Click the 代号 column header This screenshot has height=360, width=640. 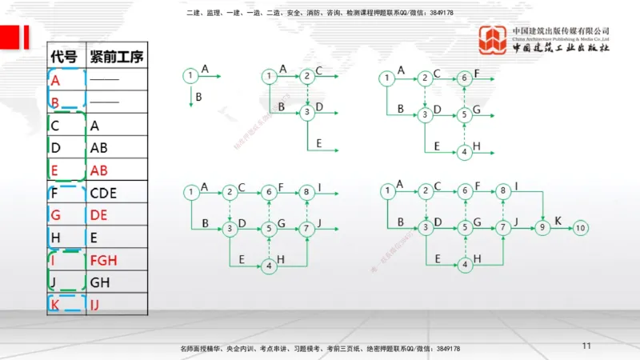tap(64, 57)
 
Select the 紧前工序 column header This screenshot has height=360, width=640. tap(117, 57)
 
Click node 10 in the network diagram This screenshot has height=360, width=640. tap(581, 228)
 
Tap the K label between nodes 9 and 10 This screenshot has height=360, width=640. tap(558, 220)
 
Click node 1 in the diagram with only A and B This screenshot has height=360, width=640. tap(190, 76)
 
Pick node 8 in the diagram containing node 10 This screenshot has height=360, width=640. tap(502, 191)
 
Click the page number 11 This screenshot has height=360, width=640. tap(586, 346)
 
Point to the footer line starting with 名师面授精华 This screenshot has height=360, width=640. tap(321, 349)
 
